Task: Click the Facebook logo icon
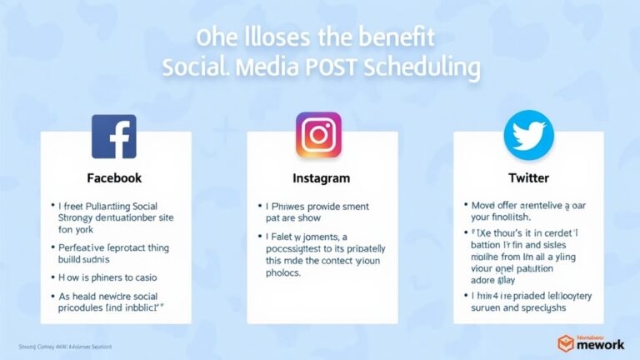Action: (114, 137)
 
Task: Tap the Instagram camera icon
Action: (319, 135)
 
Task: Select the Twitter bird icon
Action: (528, 135)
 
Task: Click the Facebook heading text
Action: (114, 178)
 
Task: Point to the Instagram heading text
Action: (321, 178)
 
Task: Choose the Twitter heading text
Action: (528, 178)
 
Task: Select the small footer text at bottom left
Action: (65, 346)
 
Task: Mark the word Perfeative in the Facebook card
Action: (86, 247)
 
